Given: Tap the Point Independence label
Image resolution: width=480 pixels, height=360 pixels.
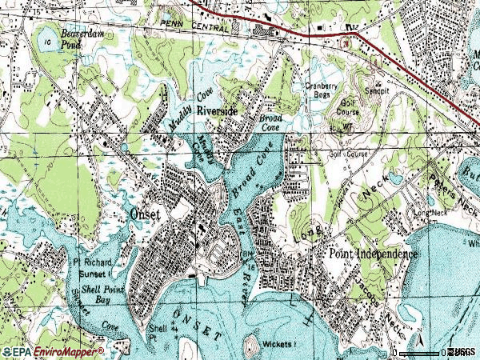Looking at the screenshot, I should [x=373, y=254].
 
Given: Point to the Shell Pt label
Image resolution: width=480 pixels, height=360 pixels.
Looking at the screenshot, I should [x=157, y=331].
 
